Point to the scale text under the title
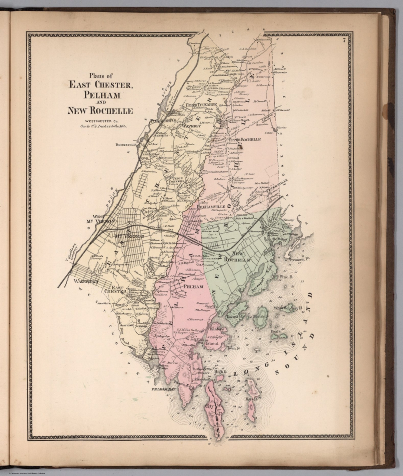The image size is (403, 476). click(x=101, y=126)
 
